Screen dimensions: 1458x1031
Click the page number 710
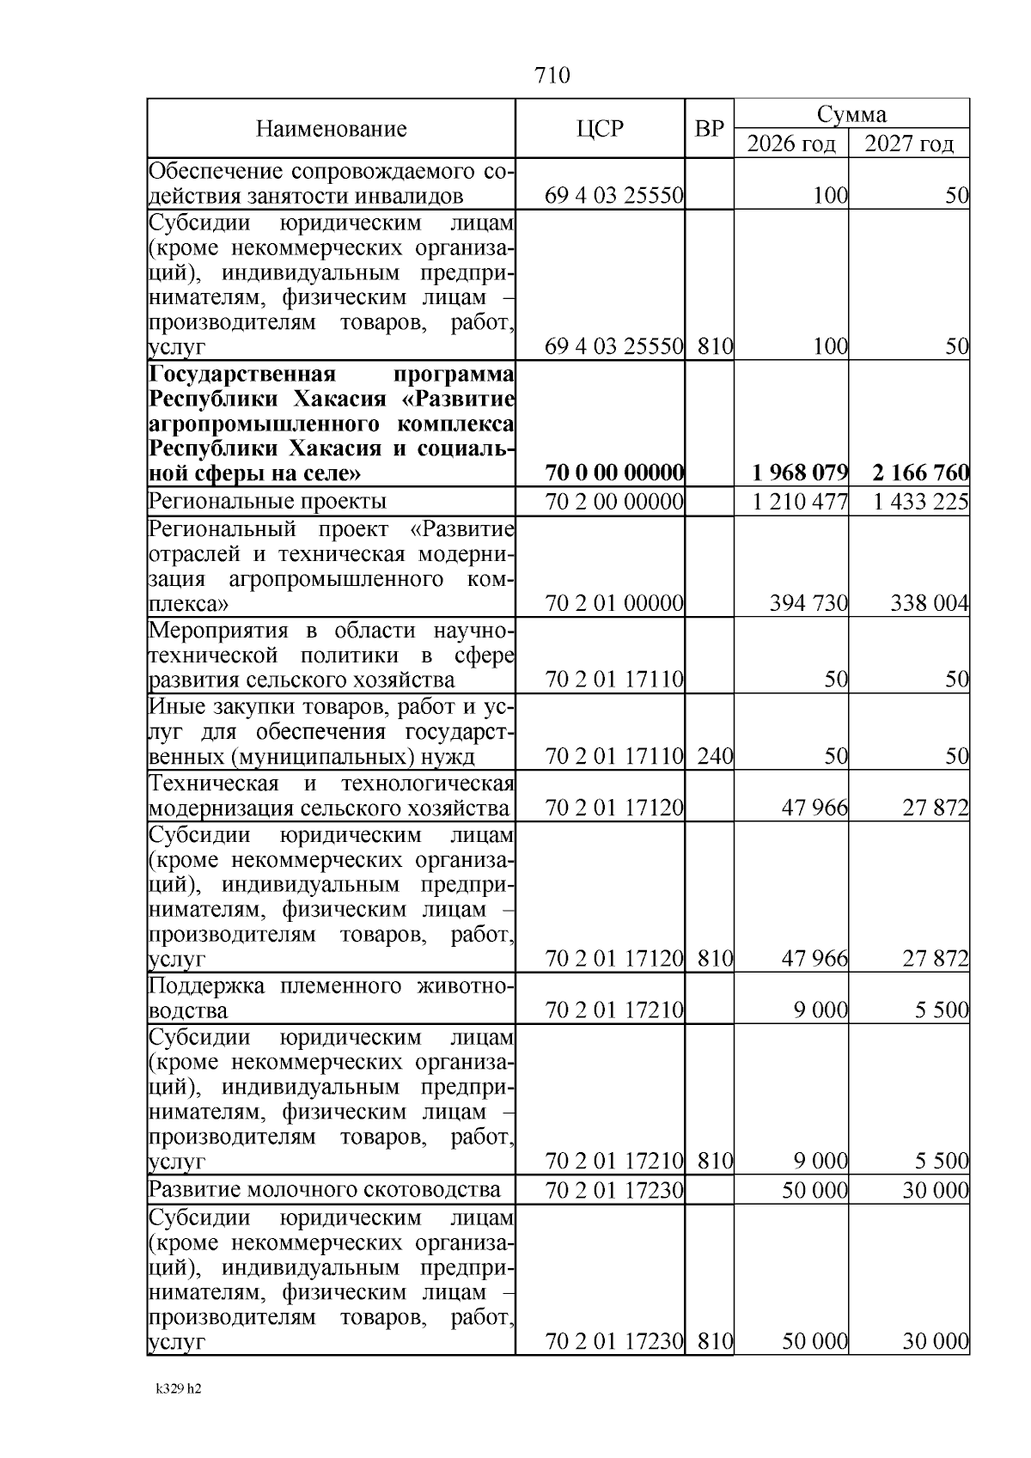pos(552,76)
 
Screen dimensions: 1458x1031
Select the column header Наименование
pos(331,130)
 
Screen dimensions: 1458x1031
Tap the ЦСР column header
pos(600,129)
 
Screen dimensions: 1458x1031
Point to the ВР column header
pos(709,129)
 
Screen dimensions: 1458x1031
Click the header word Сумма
pos(851,114)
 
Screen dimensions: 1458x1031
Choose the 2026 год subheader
pos(790,143)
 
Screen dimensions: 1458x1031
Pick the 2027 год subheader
pos(909,143)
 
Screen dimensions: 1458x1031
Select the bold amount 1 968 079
pos(800,473)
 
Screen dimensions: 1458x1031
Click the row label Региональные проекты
pos(267,501)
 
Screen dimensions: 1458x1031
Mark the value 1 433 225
pos(921,501)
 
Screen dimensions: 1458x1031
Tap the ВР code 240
pos(715,756)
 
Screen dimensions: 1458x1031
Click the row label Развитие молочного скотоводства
pos(325,1190)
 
